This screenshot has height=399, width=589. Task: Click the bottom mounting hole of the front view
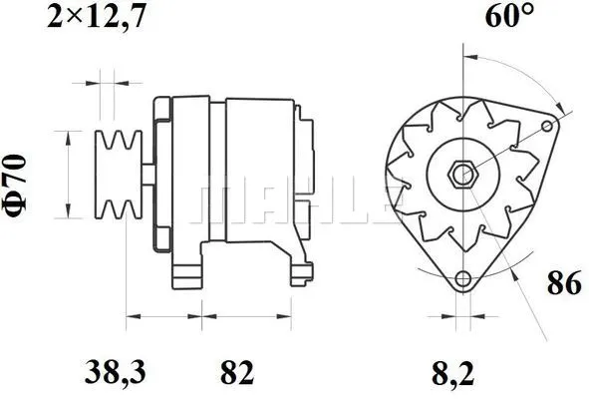[461, 280]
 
